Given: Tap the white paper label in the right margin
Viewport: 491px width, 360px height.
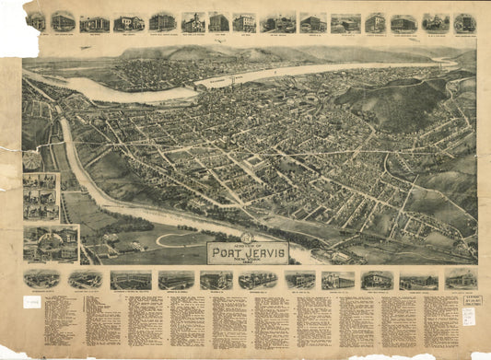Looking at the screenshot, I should point(470,315).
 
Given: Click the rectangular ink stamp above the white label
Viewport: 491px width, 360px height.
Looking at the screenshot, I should point(469,299).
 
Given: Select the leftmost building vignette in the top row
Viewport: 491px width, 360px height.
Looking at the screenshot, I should point(37,20).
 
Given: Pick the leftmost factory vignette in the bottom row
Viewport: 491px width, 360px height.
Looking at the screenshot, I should point(42,279).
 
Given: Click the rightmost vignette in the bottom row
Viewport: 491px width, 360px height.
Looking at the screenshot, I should point(460,279).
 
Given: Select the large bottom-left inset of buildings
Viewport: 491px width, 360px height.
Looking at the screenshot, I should point(51,244).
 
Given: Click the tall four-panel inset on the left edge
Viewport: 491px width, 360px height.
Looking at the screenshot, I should point(40,196).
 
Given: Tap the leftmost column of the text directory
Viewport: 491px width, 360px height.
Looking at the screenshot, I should point(57,322).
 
